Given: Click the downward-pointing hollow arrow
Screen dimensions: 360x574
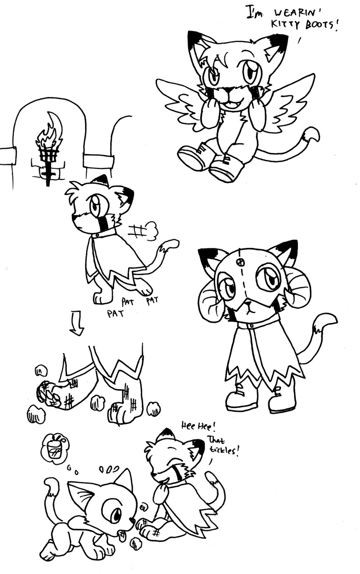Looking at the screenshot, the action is point(76,323).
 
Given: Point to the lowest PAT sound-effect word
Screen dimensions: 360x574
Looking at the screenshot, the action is point(115,313).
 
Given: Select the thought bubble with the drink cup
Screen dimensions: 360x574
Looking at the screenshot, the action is point(55,446).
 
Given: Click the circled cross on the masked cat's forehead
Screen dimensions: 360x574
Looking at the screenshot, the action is point(240,262).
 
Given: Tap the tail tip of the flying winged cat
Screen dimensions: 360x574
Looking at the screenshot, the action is point(312,135).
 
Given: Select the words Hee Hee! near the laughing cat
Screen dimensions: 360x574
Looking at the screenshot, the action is point(199,426).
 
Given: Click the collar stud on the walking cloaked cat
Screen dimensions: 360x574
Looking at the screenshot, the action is point(97,235).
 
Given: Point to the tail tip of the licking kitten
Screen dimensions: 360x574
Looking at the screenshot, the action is point(51,485).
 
